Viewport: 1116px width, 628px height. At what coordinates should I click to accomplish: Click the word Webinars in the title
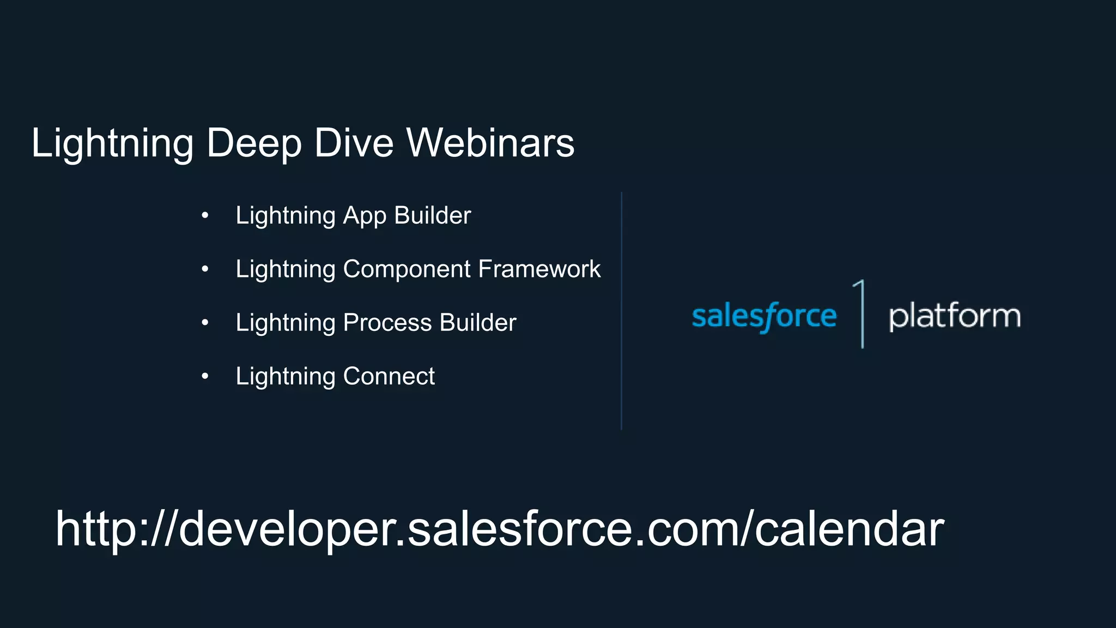pos(490,143)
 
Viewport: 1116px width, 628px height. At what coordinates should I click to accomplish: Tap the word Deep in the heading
pos(253,143)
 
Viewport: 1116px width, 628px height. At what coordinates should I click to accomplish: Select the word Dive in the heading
pos(354,143)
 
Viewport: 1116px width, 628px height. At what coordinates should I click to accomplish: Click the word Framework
pos(539,269)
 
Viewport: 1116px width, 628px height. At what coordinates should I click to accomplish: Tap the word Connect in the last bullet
pos(389,376)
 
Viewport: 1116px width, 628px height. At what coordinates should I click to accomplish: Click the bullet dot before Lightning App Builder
pos(205,216)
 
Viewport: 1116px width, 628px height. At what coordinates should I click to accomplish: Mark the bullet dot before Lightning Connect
pos(205,376)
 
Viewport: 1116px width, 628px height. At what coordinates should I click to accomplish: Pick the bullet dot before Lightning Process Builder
pos(205,323)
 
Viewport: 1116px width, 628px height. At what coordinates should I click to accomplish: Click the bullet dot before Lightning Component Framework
pos(205,269)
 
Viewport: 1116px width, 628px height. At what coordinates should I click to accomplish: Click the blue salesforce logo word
pos(764,317)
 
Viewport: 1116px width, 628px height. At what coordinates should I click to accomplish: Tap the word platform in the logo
pos(954,317)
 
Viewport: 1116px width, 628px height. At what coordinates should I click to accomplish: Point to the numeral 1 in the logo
pos(861,313)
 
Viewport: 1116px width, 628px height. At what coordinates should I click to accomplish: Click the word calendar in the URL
pos(849,529)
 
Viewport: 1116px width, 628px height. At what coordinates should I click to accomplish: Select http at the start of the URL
pos(95,529)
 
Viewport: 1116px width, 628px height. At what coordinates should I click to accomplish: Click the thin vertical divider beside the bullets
pos(621,311)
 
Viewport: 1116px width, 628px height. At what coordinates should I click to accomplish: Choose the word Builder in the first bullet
pos(432,216)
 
